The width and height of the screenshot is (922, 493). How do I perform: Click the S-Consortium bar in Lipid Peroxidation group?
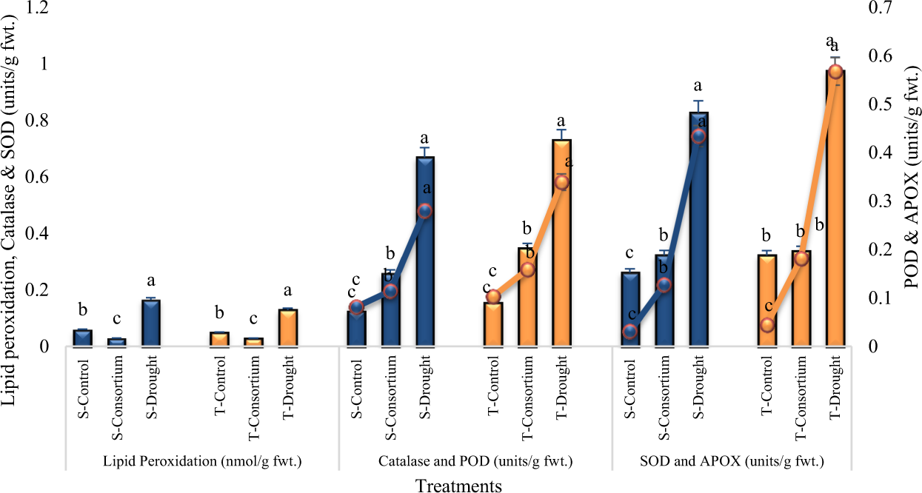[x=117, y=342]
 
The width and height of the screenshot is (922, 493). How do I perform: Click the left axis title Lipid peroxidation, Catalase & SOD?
[x=10, y=200]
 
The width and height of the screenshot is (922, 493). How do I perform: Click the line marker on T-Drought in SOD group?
[x=835, y=72]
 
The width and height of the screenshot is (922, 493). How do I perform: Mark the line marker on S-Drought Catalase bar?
[x=424, y=211]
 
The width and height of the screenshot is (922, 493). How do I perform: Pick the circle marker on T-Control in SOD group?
[x=767, y=325]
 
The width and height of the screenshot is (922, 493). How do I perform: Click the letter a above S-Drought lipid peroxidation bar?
[x=151, y=281]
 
